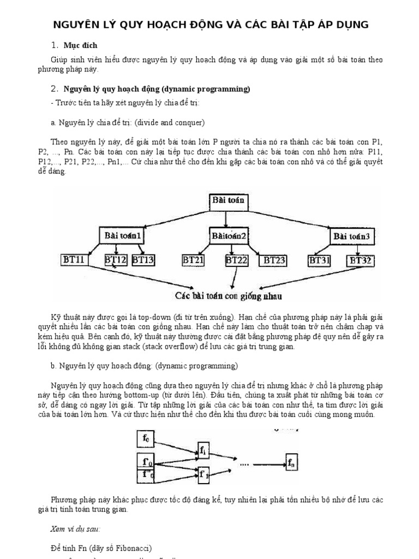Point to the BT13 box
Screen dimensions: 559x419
[x=143, y=260]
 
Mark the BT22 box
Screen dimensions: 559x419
[x=237, y=260]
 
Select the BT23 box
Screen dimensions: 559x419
[x=274, y=260]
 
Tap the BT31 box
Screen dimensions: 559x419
[x=320, y=260]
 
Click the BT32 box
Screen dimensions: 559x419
[x=361, y=260]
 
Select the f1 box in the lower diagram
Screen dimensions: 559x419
[x=203, y=450]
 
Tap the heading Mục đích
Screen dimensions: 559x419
[x=81, y=45]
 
